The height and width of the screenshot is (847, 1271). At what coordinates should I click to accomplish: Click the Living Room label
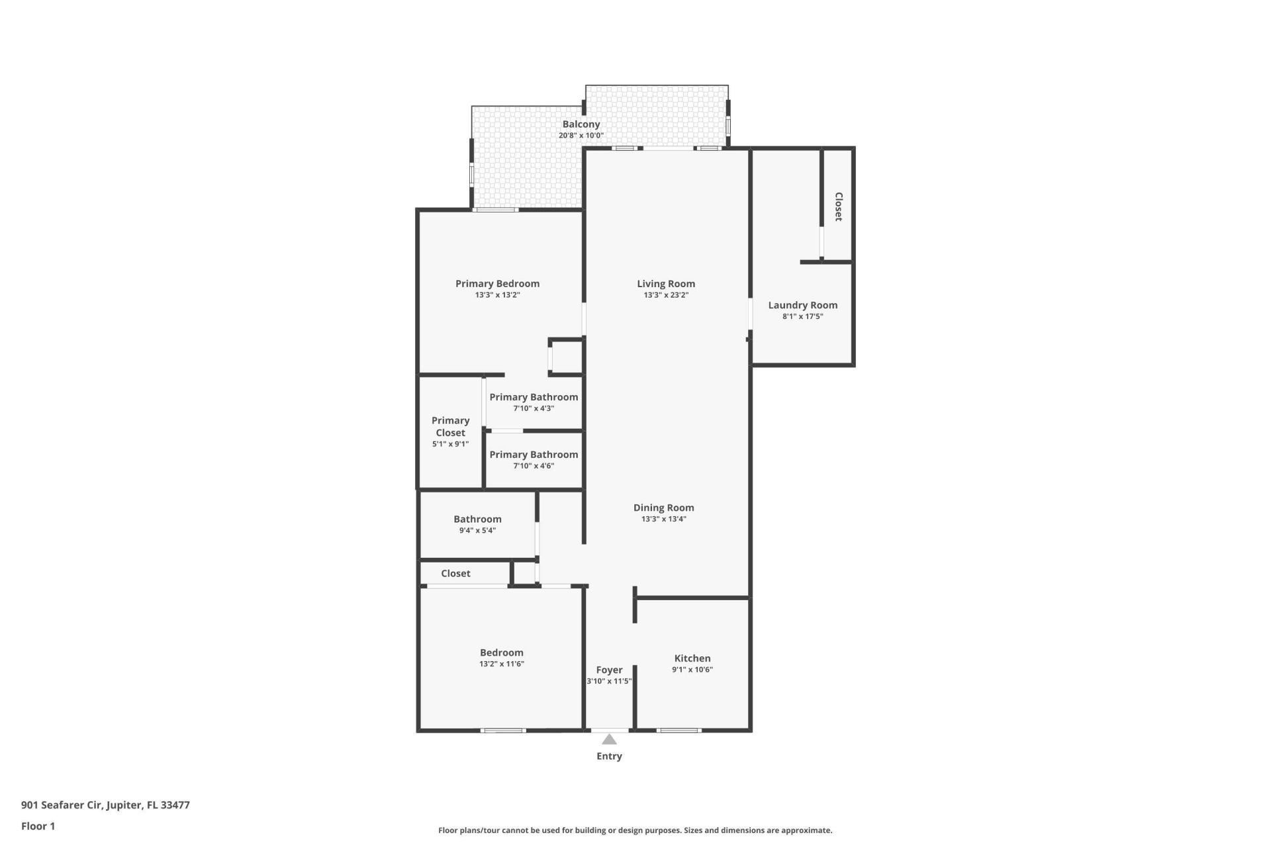pos(665,284)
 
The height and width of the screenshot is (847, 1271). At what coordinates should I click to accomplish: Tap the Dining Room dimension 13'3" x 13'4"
pos(663,519)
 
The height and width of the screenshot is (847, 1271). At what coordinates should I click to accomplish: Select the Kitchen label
pos(692,658)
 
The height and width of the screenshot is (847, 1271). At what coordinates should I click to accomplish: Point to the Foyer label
pos(609,670)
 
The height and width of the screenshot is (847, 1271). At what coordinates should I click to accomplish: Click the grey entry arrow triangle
pos(609,740)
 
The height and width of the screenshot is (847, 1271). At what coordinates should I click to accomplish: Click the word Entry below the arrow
pos(609,756)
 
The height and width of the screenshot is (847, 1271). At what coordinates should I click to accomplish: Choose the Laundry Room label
pos(802,305)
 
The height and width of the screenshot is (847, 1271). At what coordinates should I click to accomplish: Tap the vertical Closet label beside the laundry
pos(838,206)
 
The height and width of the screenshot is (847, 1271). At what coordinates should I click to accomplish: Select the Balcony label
pos(581,124)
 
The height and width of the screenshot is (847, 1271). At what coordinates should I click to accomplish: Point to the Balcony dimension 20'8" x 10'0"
pos(581,136)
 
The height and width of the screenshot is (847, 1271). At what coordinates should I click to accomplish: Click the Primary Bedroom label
pos(497,284)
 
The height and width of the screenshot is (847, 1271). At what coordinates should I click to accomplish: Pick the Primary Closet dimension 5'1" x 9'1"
pos(450,444)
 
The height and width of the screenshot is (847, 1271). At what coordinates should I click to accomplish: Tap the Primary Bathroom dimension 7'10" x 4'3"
pos(534,408)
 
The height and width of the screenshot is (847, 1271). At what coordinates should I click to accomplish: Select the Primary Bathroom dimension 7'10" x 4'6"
pos(534,466)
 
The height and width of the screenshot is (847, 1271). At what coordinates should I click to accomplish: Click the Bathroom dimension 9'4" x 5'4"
pos(477,531)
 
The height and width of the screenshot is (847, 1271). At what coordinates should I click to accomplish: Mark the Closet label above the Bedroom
pos(455,574)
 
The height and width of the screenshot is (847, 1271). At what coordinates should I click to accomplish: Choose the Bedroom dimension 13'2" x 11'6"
pos(501,664)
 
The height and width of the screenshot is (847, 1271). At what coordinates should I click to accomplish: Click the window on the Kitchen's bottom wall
pos(679,731)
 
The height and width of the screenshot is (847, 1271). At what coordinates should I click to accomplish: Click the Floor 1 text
pos(38,826)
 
